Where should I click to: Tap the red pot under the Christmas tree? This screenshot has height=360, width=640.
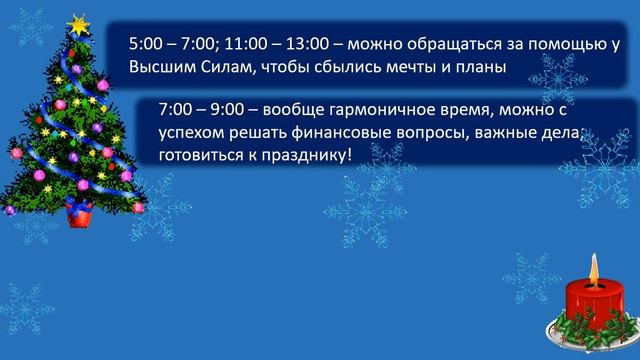click(78, 211)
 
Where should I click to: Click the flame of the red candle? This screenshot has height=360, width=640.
click(593, 266)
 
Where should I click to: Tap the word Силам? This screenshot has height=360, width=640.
click(226, 66)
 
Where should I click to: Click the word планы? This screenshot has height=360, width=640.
click(478, 66)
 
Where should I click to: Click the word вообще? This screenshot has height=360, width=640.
click(293, 109)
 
